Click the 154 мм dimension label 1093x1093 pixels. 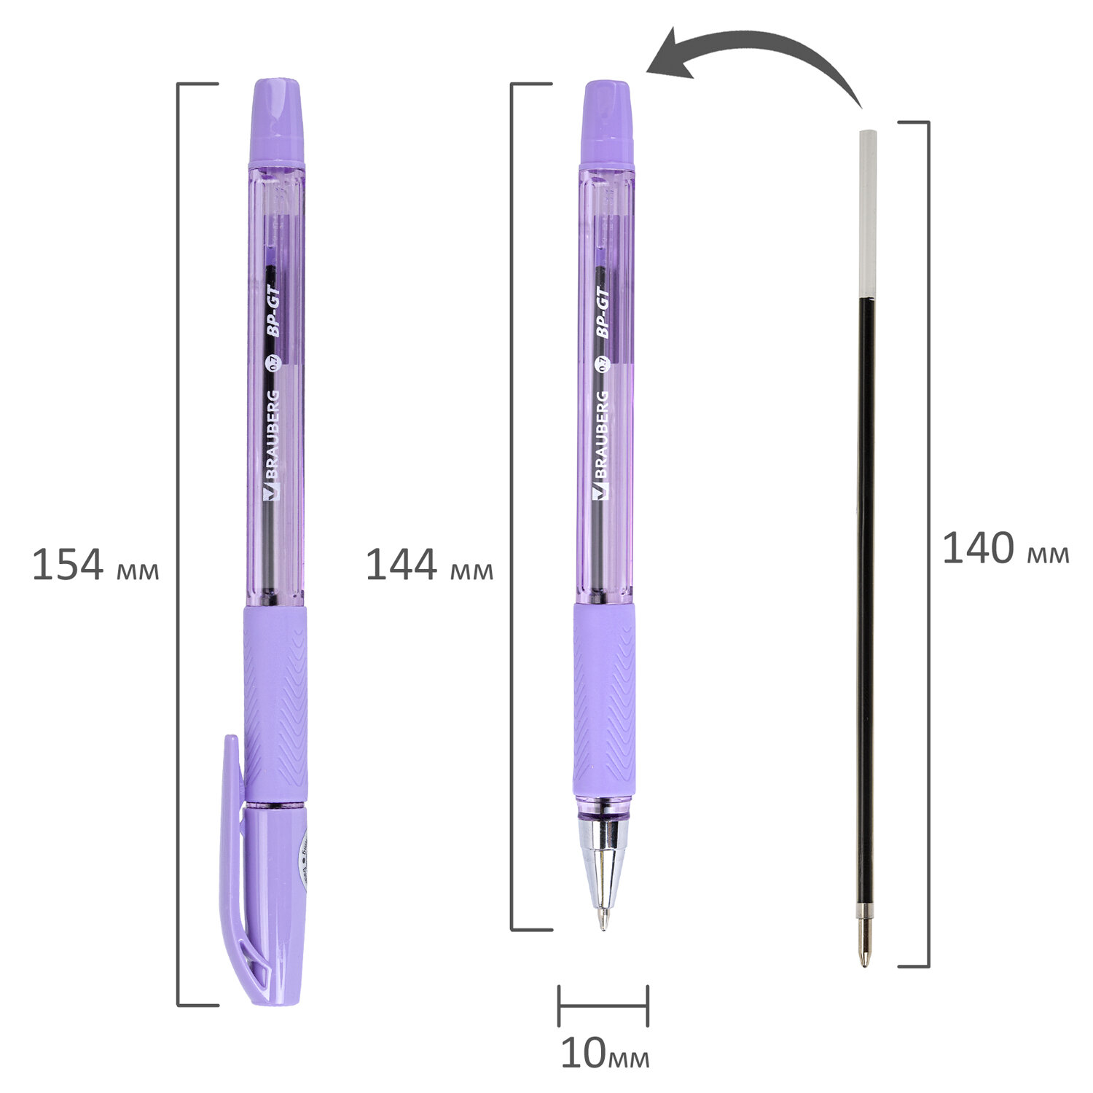tap(95, 565)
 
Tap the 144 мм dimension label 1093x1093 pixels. tap(429, 565)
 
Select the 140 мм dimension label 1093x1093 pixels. tap(1006, 549)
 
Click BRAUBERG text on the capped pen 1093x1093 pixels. tap(270, 445)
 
